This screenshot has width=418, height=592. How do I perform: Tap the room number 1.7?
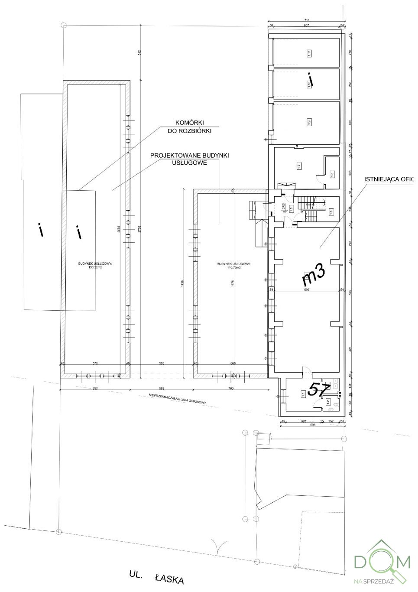[x=299, y=166]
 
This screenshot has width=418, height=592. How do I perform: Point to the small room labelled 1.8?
[x=332, y=174]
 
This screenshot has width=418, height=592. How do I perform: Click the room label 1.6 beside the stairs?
[x=331, y=212]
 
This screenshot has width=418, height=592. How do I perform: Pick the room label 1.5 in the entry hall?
[x=292, y=208]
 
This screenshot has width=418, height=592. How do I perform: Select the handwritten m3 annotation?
[x=313, y=276]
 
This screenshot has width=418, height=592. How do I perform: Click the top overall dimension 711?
[x=307, y=20]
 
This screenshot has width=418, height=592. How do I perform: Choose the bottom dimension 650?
[x=95, y=388]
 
